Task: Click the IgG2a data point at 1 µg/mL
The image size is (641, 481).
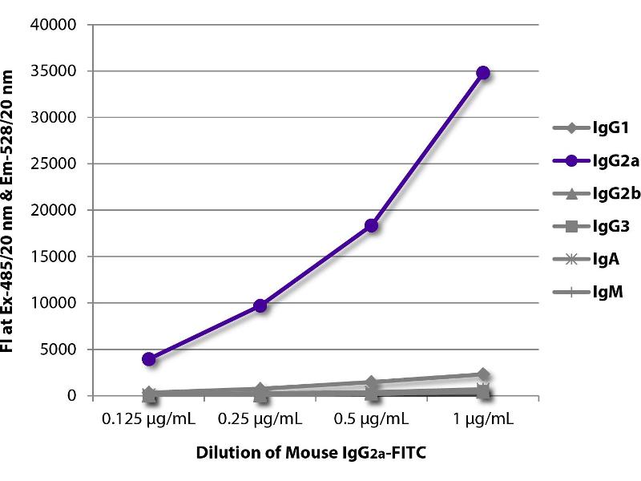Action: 483,73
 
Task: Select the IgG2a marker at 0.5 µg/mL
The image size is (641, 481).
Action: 372,226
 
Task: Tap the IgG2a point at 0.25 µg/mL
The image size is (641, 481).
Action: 260,305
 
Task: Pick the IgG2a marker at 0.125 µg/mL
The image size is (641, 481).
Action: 149,359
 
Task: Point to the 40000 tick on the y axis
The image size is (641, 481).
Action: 58,25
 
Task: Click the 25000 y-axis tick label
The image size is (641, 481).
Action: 58,164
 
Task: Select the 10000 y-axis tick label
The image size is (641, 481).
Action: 58,303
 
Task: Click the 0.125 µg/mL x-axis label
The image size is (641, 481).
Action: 149,418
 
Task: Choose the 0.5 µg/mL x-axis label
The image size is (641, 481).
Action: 372,418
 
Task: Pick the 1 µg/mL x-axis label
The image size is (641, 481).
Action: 483,418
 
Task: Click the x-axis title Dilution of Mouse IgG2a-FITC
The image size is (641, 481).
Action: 311,454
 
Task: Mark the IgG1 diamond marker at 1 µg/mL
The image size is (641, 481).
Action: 483,374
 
